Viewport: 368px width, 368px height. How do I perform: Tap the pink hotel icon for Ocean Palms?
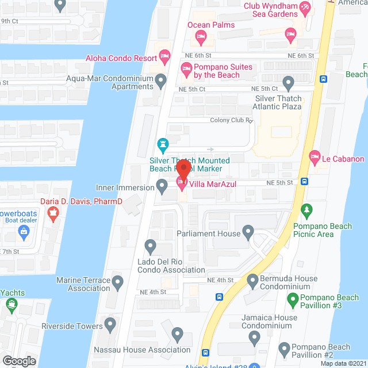(x=201, y=38)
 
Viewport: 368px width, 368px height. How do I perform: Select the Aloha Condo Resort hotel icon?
(x=165, y=57)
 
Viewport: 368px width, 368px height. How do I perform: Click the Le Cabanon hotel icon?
(x=315, y=155)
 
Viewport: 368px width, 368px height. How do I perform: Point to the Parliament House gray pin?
(x=248, y=233)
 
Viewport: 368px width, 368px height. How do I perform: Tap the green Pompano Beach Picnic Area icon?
(x=307, y=211)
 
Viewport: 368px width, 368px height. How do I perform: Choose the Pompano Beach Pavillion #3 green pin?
(x=293, y=299)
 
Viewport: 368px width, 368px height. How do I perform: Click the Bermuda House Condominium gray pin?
(x=252, y=281)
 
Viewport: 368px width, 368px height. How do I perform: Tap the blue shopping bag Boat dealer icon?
(x=24, y=232)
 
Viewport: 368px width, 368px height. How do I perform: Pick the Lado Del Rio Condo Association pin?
(x=151, y=247)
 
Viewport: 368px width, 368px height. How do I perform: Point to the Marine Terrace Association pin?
(x=118, y=282)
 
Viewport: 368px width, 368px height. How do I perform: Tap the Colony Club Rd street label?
(x=231, y=121)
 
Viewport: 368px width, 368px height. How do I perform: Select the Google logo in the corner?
(x=19, y=361)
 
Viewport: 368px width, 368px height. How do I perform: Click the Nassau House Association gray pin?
(x=177, y=334)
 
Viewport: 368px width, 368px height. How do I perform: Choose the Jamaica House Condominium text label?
(x=269, y=321)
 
